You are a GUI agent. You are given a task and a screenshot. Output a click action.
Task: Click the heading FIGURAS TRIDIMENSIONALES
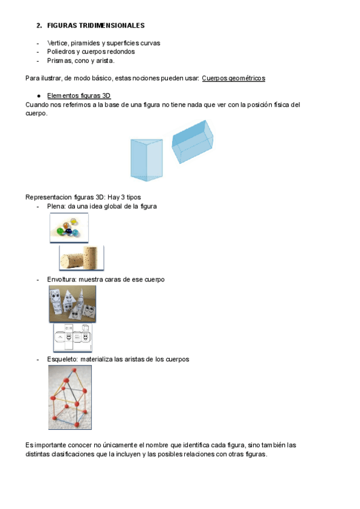pos(95,26)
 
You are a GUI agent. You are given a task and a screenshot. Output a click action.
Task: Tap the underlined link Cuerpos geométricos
pos(233,79)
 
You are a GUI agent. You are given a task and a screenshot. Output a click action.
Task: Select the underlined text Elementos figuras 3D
pos(79,96)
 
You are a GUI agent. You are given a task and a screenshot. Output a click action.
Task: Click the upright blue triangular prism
pos(146,159)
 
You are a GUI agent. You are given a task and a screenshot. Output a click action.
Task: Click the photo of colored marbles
pos(69,228)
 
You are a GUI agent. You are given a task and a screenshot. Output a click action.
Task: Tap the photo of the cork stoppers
pos(81,258)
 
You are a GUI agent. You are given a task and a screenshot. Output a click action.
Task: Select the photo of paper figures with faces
pos(72,303)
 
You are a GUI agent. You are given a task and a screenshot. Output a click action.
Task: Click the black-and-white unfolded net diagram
pos(72,337)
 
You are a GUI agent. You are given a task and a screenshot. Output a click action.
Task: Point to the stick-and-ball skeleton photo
pos(70,397)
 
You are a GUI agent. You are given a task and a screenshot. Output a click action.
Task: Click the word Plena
pos(56,207)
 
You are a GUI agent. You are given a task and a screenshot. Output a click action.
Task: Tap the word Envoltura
pos(62,280)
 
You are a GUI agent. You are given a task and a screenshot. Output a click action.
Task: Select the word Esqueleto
pos(62,359)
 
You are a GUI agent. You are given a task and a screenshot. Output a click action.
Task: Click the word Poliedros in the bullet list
pos(61,52)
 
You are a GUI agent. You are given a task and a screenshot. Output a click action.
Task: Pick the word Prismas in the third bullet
pos(59,60)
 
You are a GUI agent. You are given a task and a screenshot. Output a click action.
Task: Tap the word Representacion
pos(50,197)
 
